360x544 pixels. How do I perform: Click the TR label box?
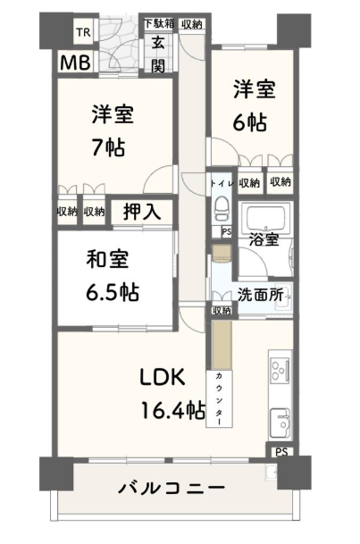84,33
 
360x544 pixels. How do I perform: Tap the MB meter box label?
75,63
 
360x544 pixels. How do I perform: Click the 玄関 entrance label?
158,54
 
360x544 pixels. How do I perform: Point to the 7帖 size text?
108,147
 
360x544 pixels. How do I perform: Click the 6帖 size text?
250,122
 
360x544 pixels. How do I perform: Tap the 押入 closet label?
142,211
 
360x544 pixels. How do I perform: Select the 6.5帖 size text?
113,292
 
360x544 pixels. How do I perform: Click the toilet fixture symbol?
221,209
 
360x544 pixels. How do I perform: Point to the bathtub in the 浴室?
265,215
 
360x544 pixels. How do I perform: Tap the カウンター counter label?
219,398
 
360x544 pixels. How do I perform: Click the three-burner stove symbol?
280,371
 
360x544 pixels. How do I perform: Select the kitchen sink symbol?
280,423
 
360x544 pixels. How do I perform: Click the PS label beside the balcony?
281,452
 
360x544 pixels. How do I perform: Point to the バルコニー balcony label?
172,489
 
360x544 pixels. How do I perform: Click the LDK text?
163,377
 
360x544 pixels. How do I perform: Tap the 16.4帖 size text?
172,410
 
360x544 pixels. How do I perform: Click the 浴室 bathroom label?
264,240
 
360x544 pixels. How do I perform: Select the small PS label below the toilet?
227,231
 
